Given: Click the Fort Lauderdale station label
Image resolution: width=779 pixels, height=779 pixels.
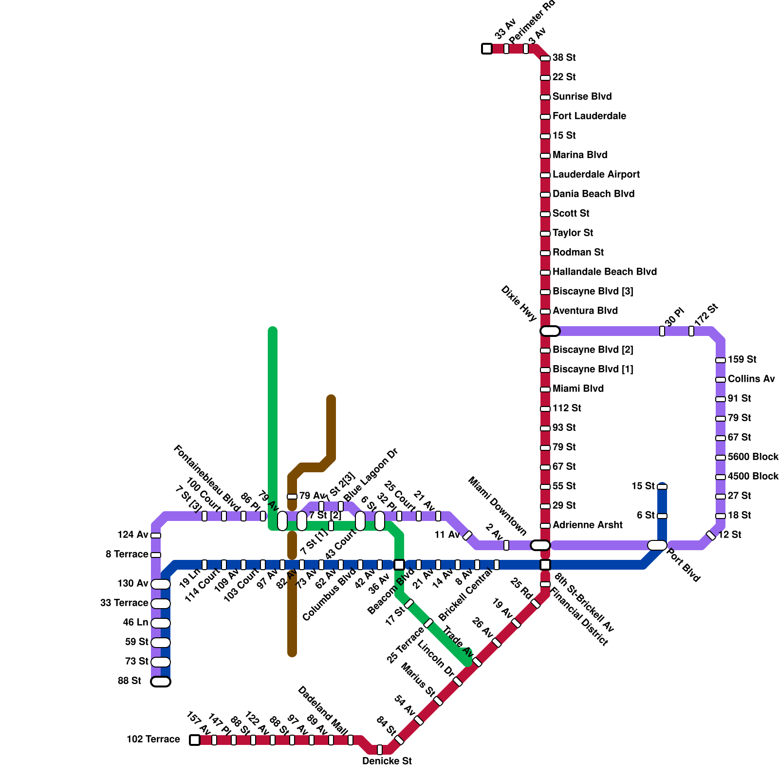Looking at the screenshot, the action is pos(589,116).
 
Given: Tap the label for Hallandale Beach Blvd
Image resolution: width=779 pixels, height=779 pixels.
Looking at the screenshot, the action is pos(604,272).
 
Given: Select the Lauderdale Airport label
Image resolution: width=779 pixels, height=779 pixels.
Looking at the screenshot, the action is pos(596,174).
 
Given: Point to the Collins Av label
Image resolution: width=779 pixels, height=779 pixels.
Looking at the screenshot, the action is pos(751,379).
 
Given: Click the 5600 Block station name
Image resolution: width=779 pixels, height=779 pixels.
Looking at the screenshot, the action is pos(753,457).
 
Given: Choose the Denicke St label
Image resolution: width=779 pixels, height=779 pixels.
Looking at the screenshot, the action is pos(387,761).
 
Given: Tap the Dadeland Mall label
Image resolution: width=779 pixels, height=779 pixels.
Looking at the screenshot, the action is pos(323,710).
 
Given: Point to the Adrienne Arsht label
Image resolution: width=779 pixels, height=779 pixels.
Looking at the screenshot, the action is pos(587,525).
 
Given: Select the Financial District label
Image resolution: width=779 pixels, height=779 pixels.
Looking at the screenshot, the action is pos(579,617).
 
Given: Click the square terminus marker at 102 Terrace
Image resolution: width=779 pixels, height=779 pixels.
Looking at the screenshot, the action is pos(195,740).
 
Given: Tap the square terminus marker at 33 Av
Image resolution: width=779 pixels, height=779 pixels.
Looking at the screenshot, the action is pos(487,49).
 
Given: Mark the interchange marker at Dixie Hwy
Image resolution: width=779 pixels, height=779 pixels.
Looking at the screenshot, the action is pos(550,331).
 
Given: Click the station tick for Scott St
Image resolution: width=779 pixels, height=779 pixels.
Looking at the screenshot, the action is pos(545,214).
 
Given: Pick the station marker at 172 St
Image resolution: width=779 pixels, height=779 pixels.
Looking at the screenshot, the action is pos(691,331).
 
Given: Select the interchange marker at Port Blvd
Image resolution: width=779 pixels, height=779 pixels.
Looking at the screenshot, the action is pos(657,545).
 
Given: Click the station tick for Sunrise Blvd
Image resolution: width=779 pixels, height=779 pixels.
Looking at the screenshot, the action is pos(545,97).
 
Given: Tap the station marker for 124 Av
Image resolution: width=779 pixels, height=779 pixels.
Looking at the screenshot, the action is pos(156,536).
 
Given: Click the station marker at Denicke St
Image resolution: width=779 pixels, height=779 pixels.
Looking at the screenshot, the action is pos(380,750).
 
